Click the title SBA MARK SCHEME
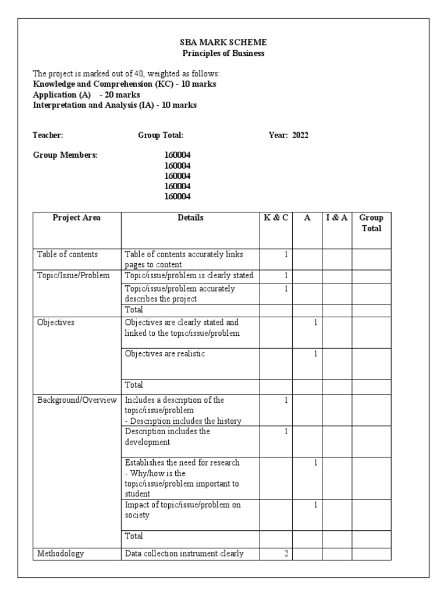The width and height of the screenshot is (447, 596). [223, 42]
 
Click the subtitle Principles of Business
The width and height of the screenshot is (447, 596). [223, 53]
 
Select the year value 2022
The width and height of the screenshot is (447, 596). [300, 135]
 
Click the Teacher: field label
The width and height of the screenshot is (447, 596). [48, 135]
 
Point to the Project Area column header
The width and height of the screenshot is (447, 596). [76, 218]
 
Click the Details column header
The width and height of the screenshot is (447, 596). [190, 218]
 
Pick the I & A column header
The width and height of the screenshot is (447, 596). [336, 218]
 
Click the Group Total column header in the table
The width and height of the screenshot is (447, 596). [371, 223]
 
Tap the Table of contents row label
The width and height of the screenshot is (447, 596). [68, 254]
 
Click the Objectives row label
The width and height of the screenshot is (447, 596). [56, 322]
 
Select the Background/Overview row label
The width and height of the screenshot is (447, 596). [77, 400]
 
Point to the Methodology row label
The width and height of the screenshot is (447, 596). [61, 554]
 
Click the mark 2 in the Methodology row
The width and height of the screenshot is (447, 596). [286, 554]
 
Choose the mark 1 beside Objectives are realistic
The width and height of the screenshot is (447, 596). [315, 354]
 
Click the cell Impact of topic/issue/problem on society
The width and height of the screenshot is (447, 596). [183, 510]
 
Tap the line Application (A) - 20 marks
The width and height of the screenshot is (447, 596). [87, 95]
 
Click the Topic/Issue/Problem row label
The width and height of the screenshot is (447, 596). [73, 275]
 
